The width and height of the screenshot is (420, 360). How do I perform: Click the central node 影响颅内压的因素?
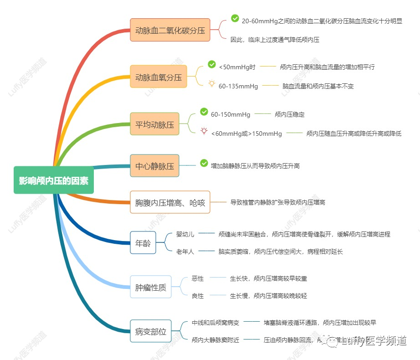54,180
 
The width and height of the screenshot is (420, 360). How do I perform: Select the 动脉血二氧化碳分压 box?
170,30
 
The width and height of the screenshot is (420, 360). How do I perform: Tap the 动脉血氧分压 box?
159,77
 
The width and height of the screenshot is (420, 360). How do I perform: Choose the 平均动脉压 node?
154,124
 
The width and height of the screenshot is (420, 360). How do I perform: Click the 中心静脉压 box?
154,166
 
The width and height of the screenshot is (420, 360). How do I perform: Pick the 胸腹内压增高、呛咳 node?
170,202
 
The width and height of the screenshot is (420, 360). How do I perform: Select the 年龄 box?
143,242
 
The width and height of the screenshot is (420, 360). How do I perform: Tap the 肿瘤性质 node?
150,287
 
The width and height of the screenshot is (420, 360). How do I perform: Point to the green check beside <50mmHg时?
212,65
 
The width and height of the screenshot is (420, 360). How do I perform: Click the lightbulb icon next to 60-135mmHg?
212,84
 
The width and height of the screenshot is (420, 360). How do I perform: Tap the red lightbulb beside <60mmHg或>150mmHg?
204,131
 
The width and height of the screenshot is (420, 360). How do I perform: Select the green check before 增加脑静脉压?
204,163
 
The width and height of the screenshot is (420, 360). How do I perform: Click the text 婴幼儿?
185,234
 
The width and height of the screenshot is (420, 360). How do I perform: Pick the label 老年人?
185,252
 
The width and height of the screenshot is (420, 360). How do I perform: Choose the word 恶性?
198,278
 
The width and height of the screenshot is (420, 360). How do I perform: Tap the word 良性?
198,296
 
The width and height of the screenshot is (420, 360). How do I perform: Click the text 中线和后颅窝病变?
215,323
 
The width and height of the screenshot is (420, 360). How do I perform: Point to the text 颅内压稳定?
290,115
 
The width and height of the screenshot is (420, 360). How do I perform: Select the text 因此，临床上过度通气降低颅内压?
275,40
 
